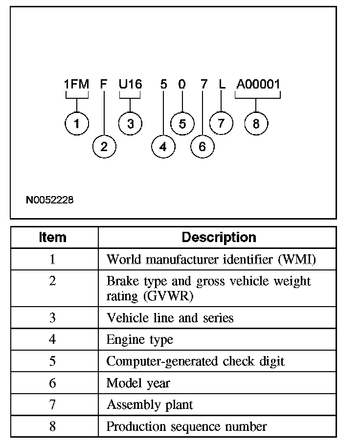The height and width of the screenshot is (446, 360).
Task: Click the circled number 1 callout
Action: (x=77, y=124)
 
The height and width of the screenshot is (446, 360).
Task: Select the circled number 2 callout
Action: (x=104, y=146)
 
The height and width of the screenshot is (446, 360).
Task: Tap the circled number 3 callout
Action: (x=130, y=124)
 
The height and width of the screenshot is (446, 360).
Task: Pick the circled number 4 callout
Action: (x=163, y=146)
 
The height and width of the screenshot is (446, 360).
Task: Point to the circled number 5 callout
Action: (x=182, y=124)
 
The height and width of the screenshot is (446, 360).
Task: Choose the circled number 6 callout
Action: (x=202, y=146)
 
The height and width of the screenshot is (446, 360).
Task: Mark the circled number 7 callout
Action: (x=222, y=123)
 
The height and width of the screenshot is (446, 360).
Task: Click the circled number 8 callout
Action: (x=256, y=124)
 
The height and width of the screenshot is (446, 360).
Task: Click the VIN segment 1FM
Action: (x=76, y=85)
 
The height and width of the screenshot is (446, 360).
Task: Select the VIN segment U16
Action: (x=130, y=85)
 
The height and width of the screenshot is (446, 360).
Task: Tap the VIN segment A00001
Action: (x=258, y=85)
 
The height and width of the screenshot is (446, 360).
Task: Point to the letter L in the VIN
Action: (x=222, y=85)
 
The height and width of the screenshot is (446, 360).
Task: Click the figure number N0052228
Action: (x=50, y=200)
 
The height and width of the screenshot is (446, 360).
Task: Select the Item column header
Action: (x=53, y=238)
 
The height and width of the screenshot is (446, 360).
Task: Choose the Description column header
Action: (x=219, y=238)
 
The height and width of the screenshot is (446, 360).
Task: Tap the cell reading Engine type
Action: (x=140, y=339)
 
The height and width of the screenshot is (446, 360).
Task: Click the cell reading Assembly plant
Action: (x=150, y=405)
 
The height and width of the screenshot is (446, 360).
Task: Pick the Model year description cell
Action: (x=138, y=383)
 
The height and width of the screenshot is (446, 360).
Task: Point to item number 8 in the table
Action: (x=53, y=426)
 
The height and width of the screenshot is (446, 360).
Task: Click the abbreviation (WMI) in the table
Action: (x=296, y=259)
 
